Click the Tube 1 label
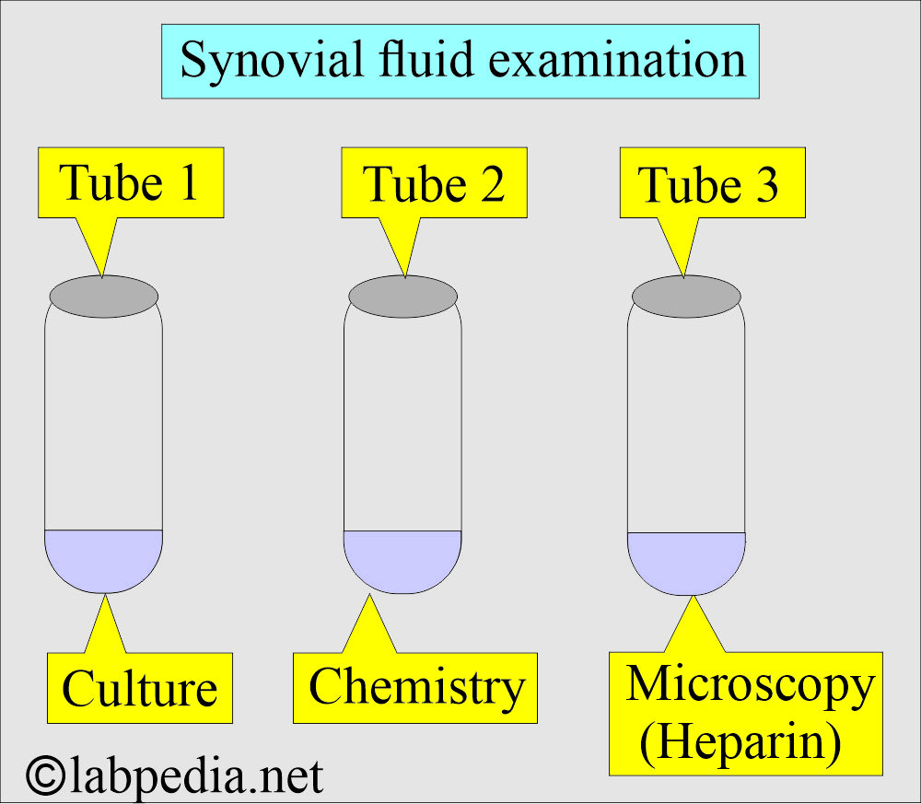[x=129, y=182]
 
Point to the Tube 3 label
[x=709, y=184]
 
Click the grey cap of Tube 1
[x=104, y=296]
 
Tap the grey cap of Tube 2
[x=403, y=296]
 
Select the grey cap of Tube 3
[x=687, y=296]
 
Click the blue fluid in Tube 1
[x=104, y=558]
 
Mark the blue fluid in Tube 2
[x=402, y=559]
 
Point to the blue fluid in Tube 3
[x=686, y=561]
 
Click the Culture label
[x=140, y=688]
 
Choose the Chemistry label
[x=415, y=687]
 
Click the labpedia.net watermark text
[x=196, y=775]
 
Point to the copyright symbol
[x=44, y=775]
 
